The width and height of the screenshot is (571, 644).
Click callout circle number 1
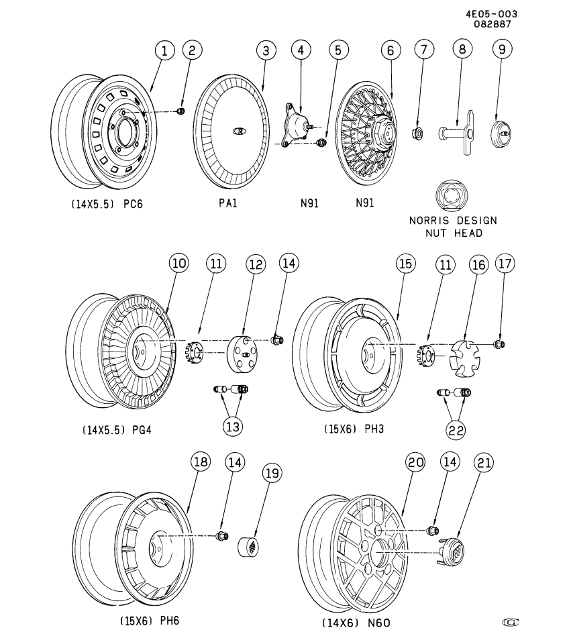[164, 50]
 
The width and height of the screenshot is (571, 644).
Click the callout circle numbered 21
[484, 462]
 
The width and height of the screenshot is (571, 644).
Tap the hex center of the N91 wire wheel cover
[379, 131]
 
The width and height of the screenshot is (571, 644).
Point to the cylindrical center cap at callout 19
[251, 546]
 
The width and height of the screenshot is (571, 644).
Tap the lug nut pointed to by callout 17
[499, 344]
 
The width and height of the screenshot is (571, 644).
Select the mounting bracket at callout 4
[297, 127]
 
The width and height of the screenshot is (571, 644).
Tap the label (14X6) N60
[356, 623]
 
